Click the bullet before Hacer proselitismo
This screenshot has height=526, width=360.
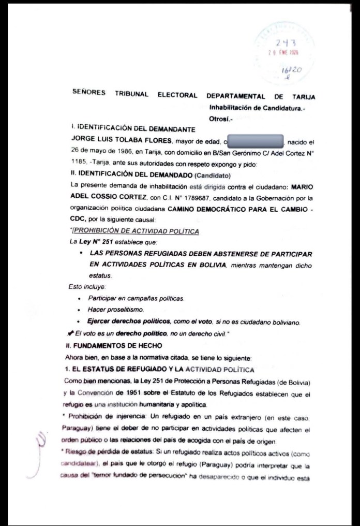click(x=79, y=310)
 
